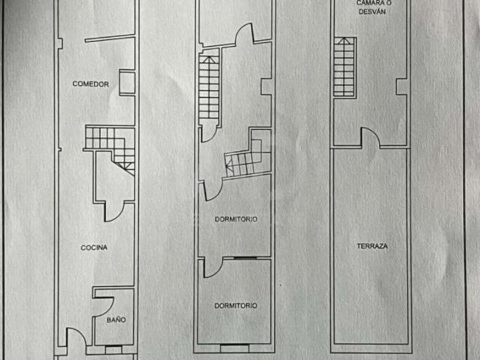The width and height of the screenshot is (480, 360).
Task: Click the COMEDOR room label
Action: click(x=90, y=84)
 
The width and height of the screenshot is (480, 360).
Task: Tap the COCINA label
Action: click(x=94, y=247)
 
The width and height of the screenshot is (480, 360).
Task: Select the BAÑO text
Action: click(x=115, y=320)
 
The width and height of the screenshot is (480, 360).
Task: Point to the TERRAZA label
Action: click(x=372, y=246)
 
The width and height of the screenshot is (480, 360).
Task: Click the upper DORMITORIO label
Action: click(x=235, y=219)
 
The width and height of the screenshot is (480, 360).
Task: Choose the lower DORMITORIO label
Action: click(x=235, y=306)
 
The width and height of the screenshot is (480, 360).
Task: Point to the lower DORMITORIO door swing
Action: click(x=212, y=267)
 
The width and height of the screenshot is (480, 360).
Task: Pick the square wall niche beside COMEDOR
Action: click(x=127, y=82)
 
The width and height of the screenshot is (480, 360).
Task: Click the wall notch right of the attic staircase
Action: click(x=402, y=86)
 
